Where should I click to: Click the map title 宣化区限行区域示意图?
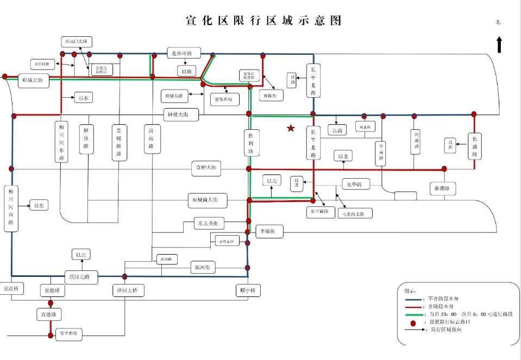[x=263, y=21]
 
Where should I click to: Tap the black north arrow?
[x=499, y=44]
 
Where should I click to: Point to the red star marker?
[x=291, y=128]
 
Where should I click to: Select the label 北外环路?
[x=183, y=53]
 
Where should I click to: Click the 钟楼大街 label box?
[x=181, y=115]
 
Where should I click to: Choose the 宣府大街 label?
[x=206, y=168]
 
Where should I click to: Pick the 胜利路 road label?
[x=250, y=143]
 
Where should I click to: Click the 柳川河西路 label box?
[x=11, y=207]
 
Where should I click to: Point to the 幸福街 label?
[x=271, y=231]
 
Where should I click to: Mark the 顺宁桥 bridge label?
[x=248, y=290]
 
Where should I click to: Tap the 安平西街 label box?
[x=68, y=333]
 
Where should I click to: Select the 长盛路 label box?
[x=474, y=146]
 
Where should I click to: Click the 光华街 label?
[x=355, y=185]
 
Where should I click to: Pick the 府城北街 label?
[x=33, y=80]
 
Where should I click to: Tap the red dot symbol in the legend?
[x=412, y=322]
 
